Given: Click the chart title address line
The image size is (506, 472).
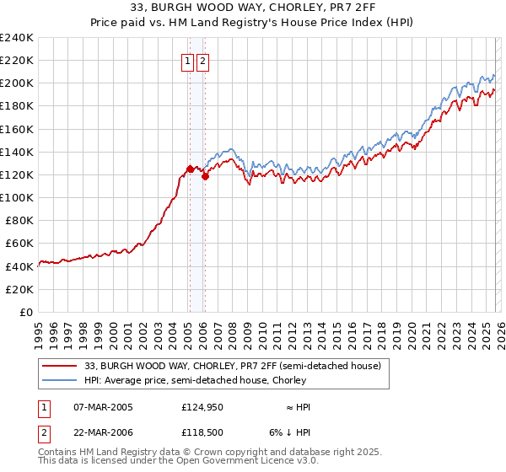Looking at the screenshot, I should pos(253,8).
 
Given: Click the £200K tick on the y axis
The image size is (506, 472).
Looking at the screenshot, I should pos(17,83).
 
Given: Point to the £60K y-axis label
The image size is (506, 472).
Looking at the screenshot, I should pos(19,243).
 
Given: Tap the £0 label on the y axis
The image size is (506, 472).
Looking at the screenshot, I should pos(27,312).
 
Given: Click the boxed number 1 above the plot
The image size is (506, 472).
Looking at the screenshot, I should pos(187,61).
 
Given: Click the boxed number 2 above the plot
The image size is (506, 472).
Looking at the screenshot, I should pos(204,61).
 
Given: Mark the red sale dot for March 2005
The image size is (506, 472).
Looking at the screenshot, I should pos(189,169).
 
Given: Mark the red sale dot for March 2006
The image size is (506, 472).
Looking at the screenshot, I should pos(205,176).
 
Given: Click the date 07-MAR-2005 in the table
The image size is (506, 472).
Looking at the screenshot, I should pos(103,407).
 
